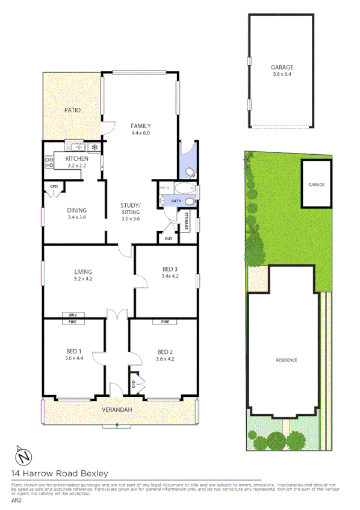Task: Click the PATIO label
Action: [x=73, y=110]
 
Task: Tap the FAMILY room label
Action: [x=140, y=126]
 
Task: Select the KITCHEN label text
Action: [x=76, y=158]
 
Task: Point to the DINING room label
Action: [x=76, y=210]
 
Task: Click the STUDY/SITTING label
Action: [x=130, y=208]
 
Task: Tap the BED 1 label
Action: [x=74, y=352]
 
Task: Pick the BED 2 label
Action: [x=165, y=352]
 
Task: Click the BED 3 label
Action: [x=170, y=269]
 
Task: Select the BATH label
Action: [x=176, y=201]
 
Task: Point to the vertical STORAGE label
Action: [x=186, y=221]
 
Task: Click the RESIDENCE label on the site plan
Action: [x=287, y=360]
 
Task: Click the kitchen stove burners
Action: [x=48, y=161]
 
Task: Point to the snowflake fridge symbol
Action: [x=94, y=147]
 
